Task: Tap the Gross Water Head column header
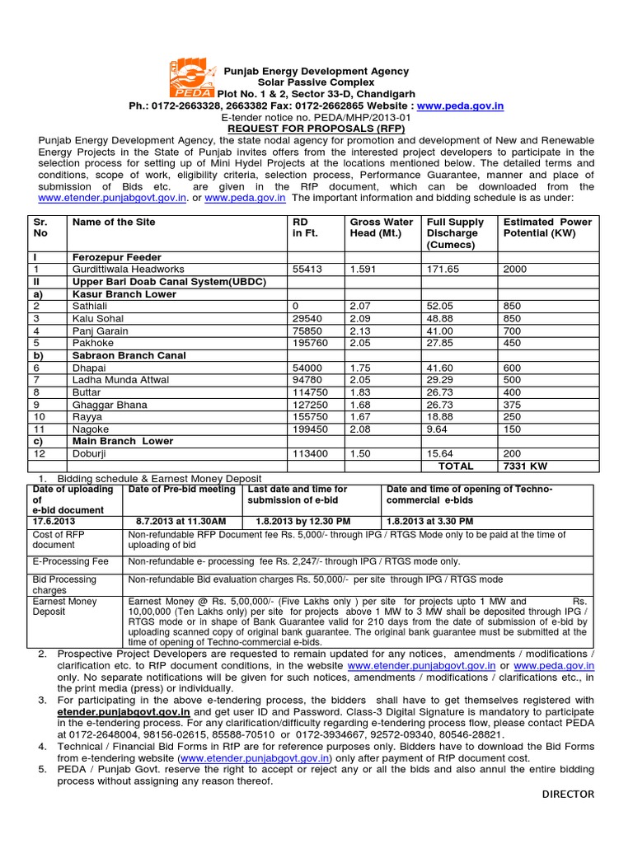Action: pyautogui.click(x=381, y=227)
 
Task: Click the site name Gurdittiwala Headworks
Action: pyautogui.click(x=128, y=270)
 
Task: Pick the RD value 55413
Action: pyautogui.click(x=307, y=270)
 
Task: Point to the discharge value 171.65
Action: pyautogui.click(x=443, y=270)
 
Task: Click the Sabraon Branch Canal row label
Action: pyautogui.click(x=129, y=355)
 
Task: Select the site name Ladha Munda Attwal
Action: pyautogui.click(x=120, y=380)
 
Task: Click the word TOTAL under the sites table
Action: pyautogui.click(x=456, y=467)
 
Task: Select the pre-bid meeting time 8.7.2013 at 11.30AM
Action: pyautogui.click(x=181, y=522)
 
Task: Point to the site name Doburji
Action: pyautogui.click(x=91, y=454)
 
